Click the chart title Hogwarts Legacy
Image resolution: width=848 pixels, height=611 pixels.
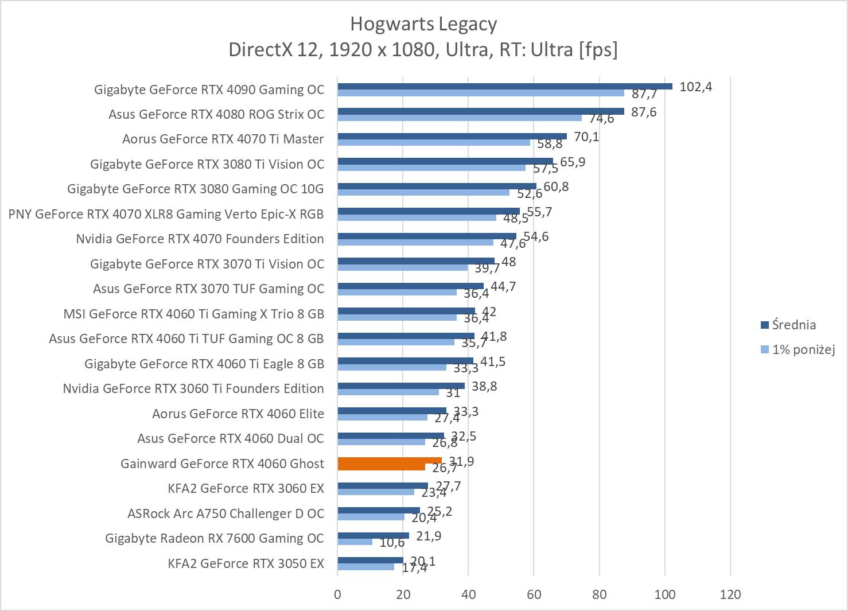[423, 24]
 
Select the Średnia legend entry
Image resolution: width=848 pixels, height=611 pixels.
[793, 325]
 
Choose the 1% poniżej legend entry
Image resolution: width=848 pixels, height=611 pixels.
[803, 349]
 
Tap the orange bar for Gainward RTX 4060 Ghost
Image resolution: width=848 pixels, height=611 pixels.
[390, 461]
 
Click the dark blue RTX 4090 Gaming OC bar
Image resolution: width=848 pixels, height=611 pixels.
[505, 87]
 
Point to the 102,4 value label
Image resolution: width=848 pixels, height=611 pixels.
[695, 87]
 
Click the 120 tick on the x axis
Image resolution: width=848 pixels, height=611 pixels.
[730, 594]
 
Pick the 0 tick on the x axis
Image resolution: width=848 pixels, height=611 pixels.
[337, 594]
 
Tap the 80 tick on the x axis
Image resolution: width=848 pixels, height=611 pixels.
[600, 594]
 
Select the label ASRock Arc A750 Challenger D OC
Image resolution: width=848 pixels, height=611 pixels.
[225, 513]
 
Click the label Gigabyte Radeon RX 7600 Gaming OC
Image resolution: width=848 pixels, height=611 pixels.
[215, 538]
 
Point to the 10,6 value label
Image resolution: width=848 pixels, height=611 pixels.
[392, 542]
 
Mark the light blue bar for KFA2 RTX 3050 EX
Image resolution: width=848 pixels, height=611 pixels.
[366, 567]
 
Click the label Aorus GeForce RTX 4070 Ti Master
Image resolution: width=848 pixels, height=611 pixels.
[223, 139]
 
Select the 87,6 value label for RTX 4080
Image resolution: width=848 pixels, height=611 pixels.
[644, 112]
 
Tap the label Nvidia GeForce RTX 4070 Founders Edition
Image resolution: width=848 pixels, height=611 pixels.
[200, 239]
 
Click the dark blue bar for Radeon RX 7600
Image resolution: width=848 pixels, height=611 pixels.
[373, 535]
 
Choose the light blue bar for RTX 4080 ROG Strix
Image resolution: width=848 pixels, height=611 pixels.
[459, 118]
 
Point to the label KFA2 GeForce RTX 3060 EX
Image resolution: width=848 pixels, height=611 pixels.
[246, 488]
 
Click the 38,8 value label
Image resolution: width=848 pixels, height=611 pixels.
[484, 386]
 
